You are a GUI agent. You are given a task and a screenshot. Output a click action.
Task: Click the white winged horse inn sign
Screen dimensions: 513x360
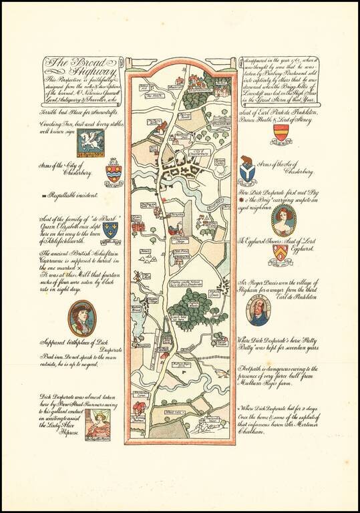pos(89,142)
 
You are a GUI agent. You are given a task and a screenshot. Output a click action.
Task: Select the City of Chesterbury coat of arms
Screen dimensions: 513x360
pos(114,170)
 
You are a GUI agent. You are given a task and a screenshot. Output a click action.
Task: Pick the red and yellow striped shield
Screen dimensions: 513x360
pos(281,134)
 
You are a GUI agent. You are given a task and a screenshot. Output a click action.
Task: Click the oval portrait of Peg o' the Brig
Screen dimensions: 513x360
pos(283,220)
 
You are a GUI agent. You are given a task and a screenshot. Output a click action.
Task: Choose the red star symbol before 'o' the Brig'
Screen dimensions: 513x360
pos(242,199)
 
